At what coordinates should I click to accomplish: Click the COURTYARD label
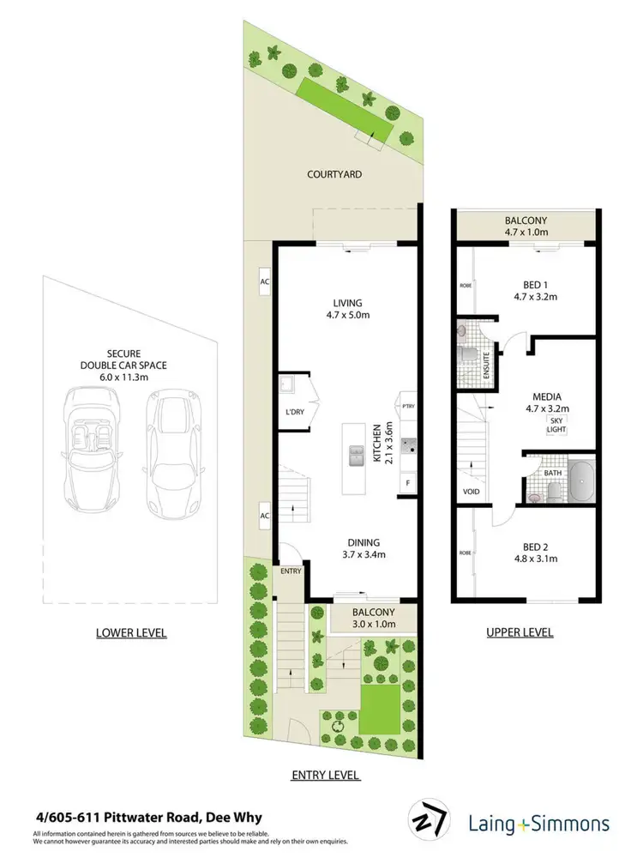click(334, 174)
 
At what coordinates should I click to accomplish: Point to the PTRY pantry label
click(408, 406)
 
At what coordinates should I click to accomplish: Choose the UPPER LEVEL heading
click(520, 632)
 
